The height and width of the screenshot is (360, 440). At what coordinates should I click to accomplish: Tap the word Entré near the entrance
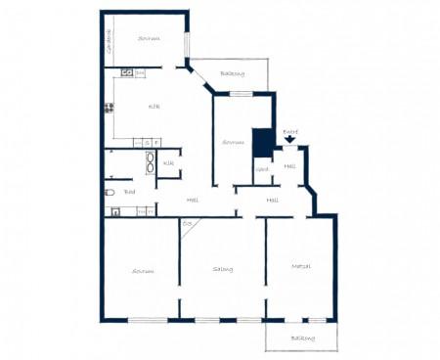click(x=289, y=131)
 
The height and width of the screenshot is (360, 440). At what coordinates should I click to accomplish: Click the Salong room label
click(x=222, y=269)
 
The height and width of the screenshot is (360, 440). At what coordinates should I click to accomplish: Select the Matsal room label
click(x=300, y=266)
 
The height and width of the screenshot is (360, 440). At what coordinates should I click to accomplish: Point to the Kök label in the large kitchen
click(x=154, y=106)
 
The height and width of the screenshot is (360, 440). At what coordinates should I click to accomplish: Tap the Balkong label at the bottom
click(x=302, y=338)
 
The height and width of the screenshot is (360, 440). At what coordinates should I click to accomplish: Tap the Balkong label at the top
click(x=232, y=73)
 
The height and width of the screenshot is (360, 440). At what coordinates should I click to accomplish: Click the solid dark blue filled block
click(x=262, y=144)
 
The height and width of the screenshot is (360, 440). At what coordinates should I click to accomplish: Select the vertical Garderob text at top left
click(x=109, y=43)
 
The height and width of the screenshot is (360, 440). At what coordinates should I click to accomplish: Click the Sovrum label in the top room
click(x=149, y=38)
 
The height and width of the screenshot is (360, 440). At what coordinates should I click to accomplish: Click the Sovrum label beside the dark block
click(x=233, y=142)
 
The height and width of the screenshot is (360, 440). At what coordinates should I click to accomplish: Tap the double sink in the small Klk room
click(x=150, y=163)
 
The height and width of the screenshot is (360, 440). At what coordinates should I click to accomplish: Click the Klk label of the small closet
click(x=168, y=163)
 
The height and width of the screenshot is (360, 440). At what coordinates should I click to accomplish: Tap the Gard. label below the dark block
click(x=261, y=169)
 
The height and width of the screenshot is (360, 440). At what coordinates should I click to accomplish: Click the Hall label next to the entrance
click(x=289, y=166)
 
